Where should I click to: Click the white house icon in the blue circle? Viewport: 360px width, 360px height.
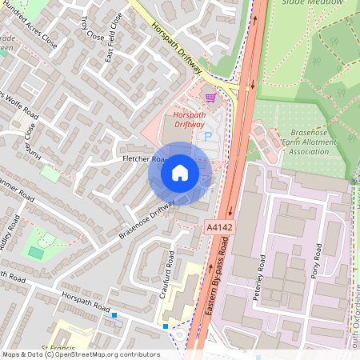click(180, 173)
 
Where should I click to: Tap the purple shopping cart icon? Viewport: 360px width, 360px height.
click(211, 98)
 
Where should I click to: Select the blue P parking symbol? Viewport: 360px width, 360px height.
click(207, 138)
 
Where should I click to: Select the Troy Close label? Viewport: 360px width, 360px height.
click(94, 31)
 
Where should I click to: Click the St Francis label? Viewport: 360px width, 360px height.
click(57, 348)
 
